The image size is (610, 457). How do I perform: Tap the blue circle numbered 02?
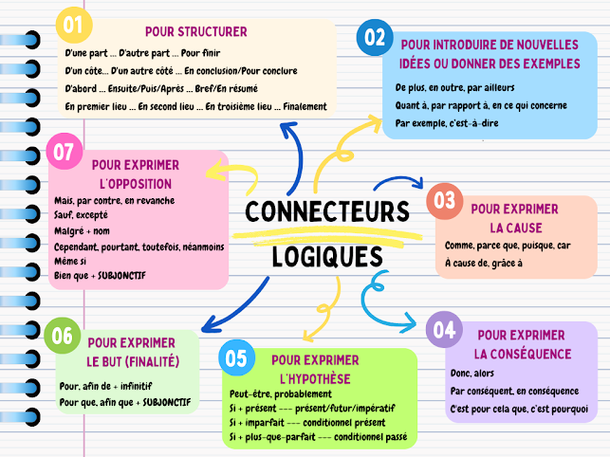click(376, 39)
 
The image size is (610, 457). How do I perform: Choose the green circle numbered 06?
click(63, 336)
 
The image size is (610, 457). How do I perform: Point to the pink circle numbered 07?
click(65, 152)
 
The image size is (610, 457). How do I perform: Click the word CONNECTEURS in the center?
click(326, 211)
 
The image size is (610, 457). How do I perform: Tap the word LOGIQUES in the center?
click(327, 256)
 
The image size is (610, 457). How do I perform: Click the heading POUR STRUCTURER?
click(197, 31)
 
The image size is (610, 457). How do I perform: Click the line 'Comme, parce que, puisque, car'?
click(507, 246)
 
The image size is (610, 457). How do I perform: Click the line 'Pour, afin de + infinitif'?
click(106, 386)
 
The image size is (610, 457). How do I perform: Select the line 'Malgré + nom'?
click(83, 230)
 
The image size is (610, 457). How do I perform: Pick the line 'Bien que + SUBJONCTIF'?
click(106, 276)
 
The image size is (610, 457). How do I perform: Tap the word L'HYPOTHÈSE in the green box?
click(316, 378)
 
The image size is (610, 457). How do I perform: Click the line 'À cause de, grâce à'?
click(483, 263)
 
